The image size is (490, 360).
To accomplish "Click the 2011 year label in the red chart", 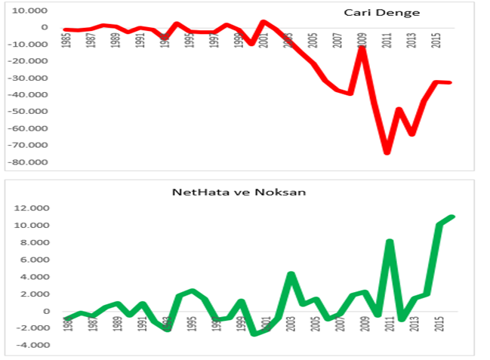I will point(387,40).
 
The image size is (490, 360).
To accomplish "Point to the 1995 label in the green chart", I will point(192,325).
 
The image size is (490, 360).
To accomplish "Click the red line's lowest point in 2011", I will point(387,152).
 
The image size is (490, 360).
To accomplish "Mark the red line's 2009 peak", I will point(362,48).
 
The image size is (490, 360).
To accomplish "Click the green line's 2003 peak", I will point(291,274).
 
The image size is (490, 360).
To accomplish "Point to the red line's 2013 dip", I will point(411,134).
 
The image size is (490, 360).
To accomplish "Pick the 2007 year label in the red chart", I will point(337,40).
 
